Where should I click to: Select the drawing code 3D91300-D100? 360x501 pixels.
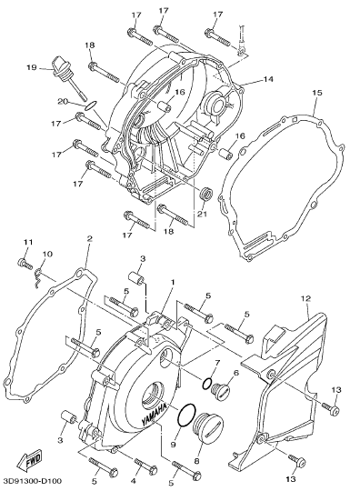[x=33, y=481]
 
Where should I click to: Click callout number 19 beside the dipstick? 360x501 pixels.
[x=32, y=67]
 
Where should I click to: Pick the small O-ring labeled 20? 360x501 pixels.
[x=91, y=105]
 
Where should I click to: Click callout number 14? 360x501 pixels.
[x=269, y=79]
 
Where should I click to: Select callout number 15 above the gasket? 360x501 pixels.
[x=317, y=93]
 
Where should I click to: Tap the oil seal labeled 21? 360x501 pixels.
[x=205, y=195]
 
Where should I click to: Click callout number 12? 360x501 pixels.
[x=305, y=299]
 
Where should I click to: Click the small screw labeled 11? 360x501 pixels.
[x=25, y=264]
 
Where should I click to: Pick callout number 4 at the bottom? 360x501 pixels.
[x=134, y=480]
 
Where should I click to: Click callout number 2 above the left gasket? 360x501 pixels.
[x=90, y=238]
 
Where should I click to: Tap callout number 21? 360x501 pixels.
[x=202, y=214]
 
